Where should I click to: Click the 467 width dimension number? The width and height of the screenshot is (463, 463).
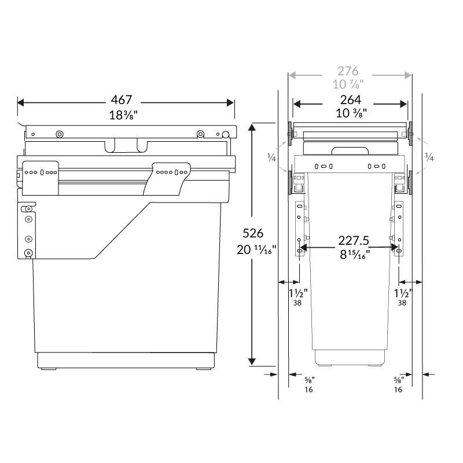point(126,100)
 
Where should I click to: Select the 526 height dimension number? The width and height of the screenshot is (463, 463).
point(253,234)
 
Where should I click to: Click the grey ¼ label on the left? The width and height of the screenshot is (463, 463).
point(271,157)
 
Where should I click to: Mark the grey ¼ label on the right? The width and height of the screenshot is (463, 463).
point(429,157)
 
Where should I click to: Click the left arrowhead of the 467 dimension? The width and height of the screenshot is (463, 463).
point(21,102)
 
